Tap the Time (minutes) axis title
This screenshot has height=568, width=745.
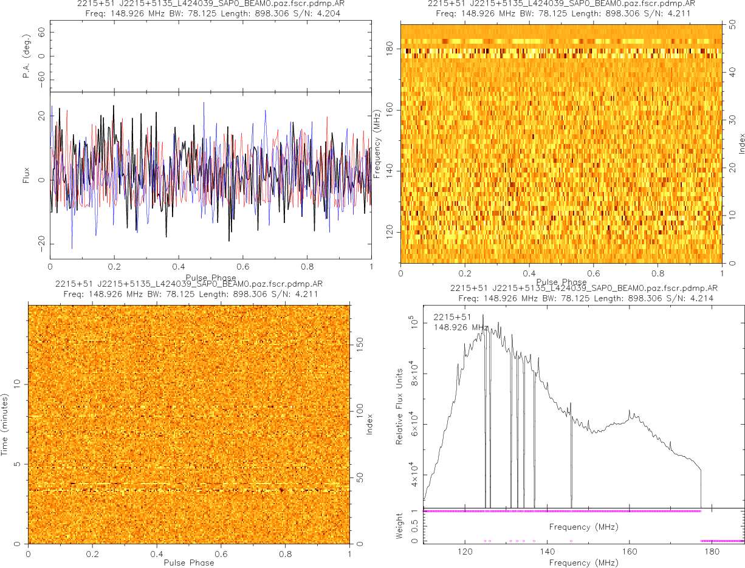[5, 425]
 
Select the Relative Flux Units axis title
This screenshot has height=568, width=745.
[400, 406]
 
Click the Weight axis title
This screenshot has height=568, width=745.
[400, 526]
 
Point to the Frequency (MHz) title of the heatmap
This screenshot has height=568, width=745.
[377, 144]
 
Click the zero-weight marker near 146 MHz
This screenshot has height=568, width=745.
[571, 541]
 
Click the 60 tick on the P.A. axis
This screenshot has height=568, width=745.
[41, 35]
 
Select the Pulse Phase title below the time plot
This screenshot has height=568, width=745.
[188, 563]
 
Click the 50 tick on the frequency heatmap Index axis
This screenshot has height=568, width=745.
[733, 26]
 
